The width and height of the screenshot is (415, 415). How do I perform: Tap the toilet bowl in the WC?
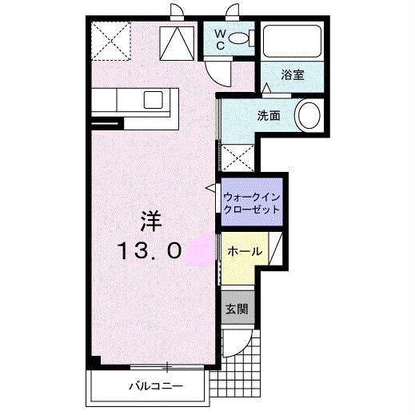tap(243, 39)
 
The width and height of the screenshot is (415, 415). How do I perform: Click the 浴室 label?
tap(292, 75)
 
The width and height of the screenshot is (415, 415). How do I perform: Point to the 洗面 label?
tap(268, 115)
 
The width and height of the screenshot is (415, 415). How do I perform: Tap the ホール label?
tap(244, 251)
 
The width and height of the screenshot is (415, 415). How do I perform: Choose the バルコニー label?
tap(157, 387)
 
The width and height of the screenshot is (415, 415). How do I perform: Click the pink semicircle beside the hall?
tap(198, 250)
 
